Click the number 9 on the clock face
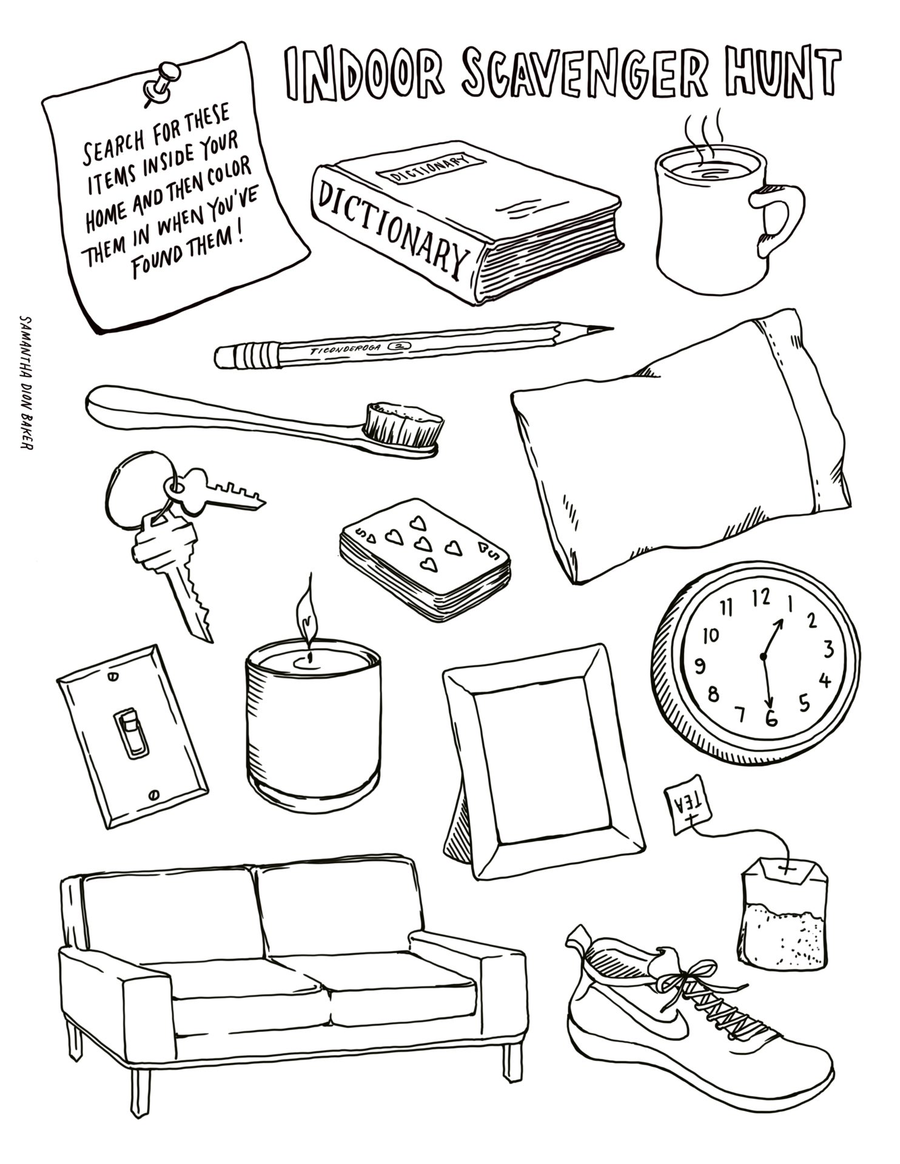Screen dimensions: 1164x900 pos(702,667)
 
